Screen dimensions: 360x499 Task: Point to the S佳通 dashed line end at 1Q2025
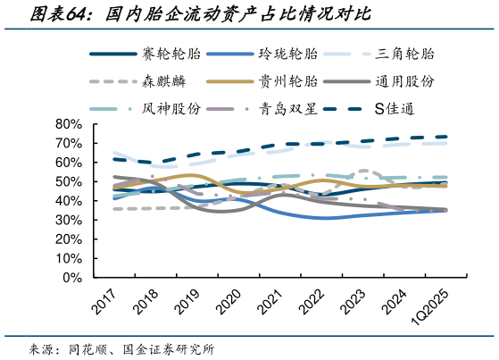(x=446, y=137)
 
